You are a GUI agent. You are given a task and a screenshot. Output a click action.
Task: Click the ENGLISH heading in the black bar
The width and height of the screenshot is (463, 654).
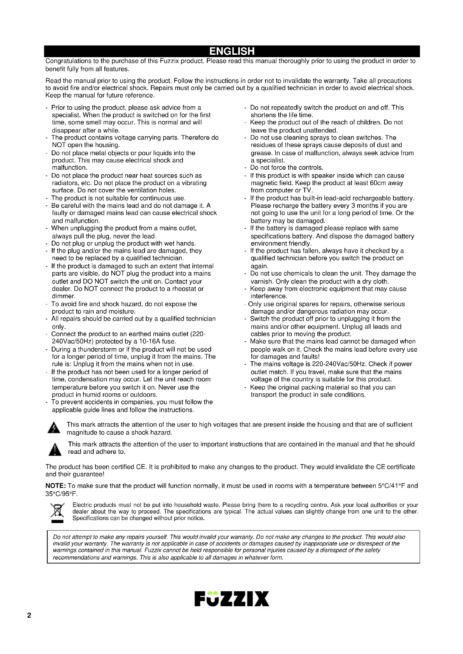pyautogui.click(x=231, y=51)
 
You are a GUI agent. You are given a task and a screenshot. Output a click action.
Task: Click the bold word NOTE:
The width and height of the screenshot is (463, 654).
pyautogui.click(x=56, y=486)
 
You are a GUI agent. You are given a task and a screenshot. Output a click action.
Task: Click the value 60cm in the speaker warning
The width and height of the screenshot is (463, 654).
pyautogui.click(x=377, y=183)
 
